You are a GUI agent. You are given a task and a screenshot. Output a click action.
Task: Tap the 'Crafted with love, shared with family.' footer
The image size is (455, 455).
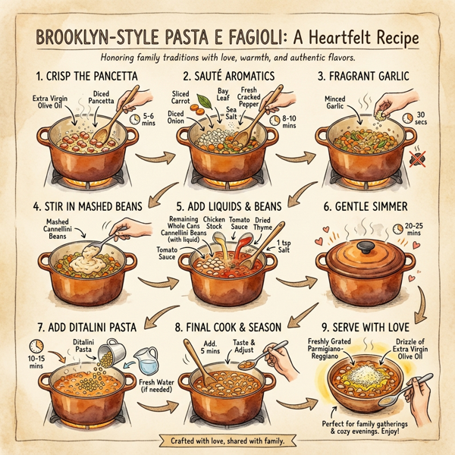pyautogui.click(x=227, y=440)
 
